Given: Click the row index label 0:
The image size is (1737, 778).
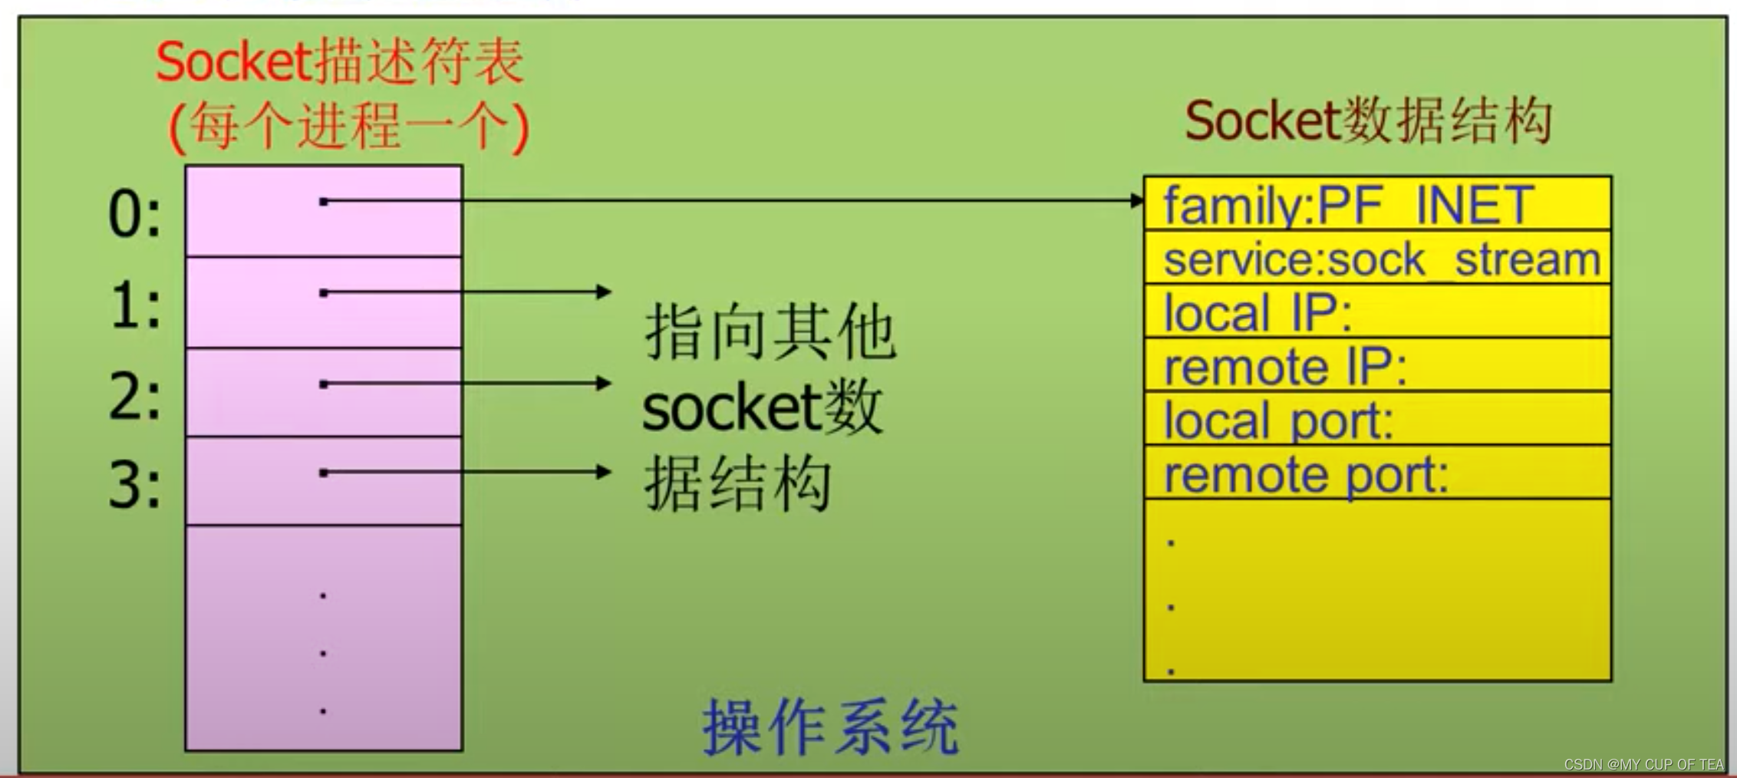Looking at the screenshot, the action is coord(135,214).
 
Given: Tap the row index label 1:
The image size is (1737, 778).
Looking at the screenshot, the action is coord(135,305).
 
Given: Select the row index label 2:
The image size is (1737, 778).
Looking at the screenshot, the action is coord(135,397).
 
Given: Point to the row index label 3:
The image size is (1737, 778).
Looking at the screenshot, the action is coord(135,486).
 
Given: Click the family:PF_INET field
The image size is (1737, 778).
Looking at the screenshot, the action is coord(1348,205).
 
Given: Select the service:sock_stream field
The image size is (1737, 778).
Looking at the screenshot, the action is coord(1381,259).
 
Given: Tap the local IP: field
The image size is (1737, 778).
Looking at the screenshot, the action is coord(1258,313).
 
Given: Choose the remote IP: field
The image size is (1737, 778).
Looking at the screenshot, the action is coord(1285,367).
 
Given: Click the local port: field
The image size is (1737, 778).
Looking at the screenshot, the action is coord(1278,420).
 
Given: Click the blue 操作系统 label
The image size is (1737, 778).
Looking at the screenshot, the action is coord(830,726).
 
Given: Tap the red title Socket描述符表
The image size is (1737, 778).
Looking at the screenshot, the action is coord(340,61).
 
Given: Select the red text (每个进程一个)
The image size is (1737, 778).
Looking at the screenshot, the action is coord(349,126).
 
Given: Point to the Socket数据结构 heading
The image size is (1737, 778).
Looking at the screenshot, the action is coord(1368,121).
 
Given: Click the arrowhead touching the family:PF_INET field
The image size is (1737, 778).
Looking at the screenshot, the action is coord(1138,200).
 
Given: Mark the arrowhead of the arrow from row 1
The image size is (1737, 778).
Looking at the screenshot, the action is coord(605,292).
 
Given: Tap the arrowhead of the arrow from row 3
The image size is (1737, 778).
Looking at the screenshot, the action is coord(605,472).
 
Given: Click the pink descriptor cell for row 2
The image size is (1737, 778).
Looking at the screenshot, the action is coord(323,392).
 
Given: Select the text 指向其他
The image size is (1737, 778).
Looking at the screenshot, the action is coord(770,333).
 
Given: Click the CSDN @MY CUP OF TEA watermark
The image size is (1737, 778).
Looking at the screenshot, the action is coord(1643,764).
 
